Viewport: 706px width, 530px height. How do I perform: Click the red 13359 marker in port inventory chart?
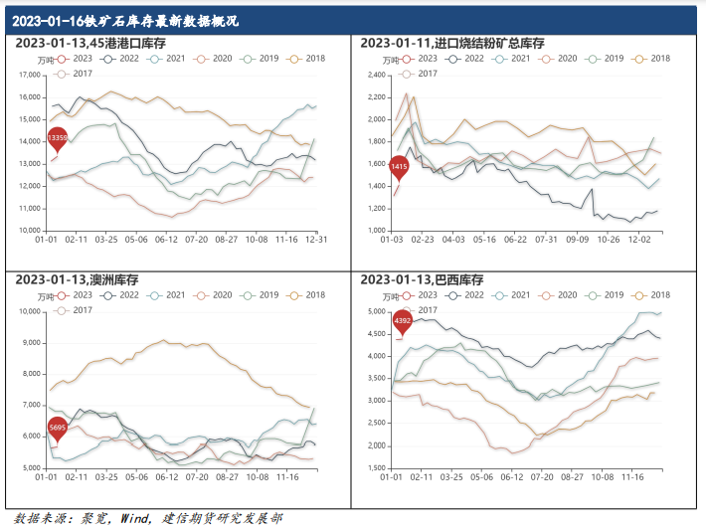(59, 137)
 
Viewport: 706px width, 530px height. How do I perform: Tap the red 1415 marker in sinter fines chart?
(399, 168)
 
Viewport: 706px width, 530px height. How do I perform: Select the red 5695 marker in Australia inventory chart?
(59, 429)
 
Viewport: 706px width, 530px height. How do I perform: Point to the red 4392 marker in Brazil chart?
(403, 321)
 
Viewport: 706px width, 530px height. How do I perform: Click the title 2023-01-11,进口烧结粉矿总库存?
(452, 43)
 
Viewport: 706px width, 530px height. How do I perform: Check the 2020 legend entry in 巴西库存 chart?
(559, 295)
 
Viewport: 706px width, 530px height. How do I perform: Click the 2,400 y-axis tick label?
(372, 75)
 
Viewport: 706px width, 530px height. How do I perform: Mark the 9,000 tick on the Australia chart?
(30, 343)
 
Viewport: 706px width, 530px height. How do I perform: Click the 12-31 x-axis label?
(317, 240)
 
